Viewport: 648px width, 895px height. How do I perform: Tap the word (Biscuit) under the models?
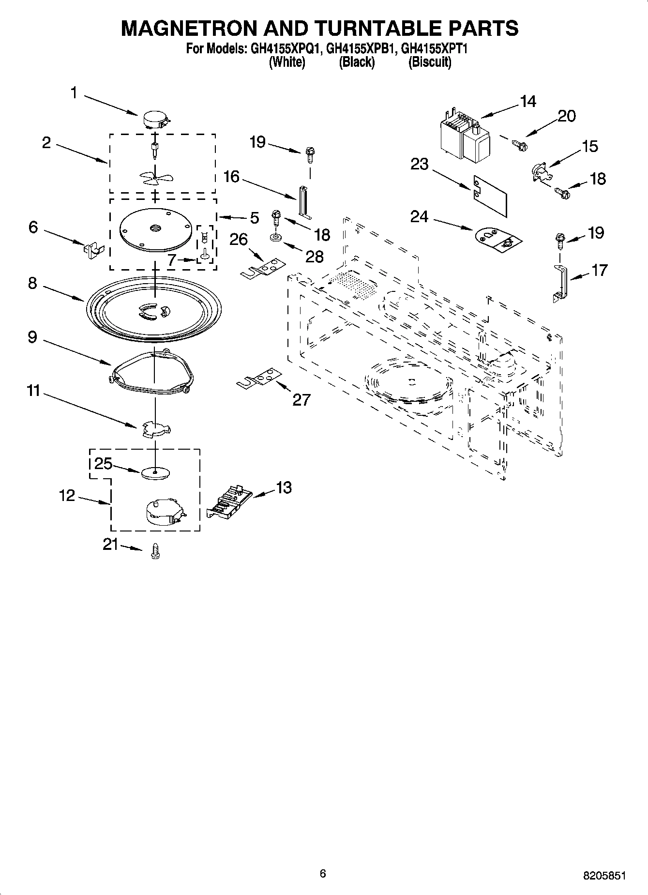[x=430, y=62]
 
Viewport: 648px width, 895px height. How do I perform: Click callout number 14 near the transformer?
[x=528, y=102]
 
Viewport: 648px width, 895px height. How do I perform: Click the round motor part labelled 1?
[x=155, y=119]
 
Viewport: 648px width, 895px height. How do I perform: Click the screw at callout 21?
[x=155, y=551]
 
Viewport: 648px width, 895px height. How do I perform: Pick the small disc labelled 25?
[x=155, y=472]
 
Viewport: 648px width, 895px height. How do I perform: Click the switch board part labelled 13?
[x=229, y=503]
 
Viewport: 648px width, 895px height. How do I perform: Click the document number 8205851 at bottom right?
[x=604, y=876]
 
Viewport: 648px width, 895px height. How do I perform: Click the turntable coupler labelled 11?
[x=155, y=428]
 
